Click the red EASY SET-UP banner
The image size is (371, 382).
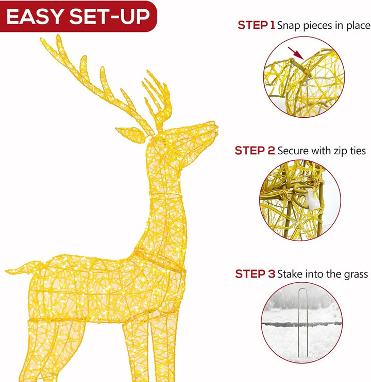coord(78,16)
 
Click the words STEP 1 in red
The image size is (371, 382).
coord(256,25)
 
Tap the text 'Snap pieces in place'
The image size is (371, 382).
coord(324,26)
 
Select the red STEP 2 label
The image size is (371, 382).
coord(255,151)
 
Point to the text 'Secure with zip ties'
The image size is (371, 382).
coord(322,151)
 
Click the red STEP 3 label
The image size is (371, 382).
coord(255,274)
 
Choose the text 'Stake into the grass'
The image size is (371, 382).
coord(323,275)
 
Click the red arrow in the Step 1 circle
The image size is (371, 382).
coord(296,53)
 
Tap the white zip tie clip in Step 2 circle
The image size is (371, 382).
coord(311,199)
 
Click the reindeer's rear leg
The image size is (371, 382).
coord(44,351)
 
